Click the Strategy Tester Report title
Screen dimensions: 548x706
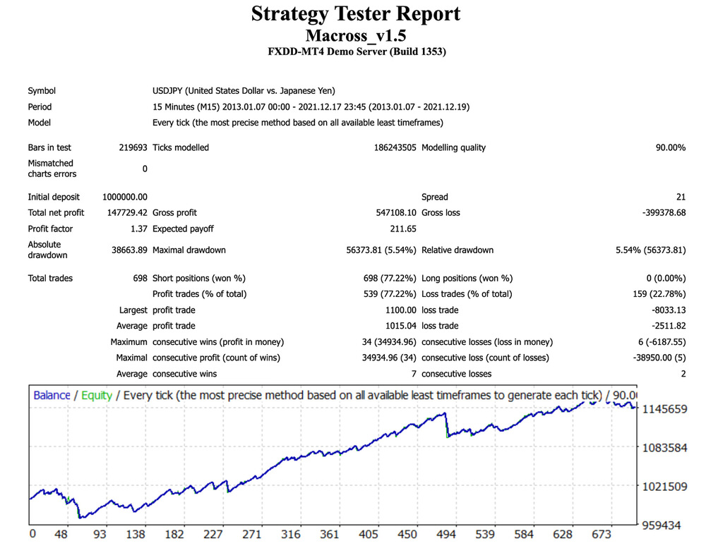356,14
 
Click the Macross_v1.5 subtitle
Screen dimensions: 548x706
356,35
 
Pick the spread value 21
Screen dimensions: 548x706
681,197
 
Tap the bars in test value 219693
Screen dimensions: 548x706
133,147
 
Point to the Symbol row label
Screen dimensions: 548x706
42,90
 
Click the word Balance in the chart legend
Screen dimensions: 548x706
52,395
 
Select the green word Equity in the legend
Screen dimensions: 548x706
97,395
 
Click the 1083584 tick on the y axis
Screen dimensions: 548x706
664,448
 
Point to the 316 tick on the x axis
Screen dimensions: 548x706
290,535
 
